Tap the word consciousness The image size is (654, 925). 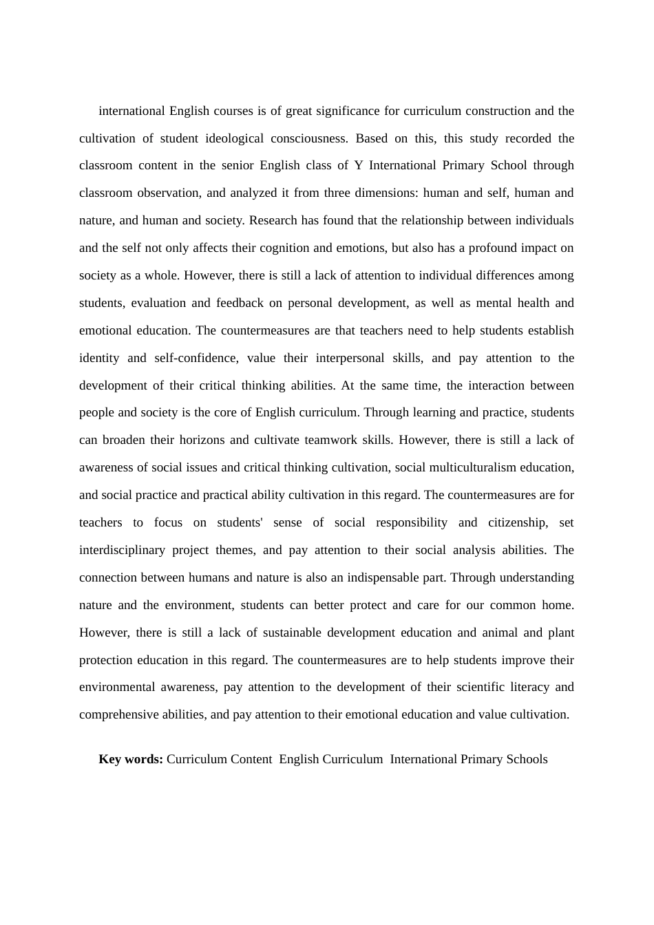point(309,138)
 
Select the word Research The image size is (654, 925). point(273,220)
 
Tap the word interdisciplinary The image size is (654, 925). point(122,550)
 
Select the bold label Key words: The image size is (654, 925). point(131,759)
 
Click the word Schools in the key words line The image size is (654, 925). point(527,759)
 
